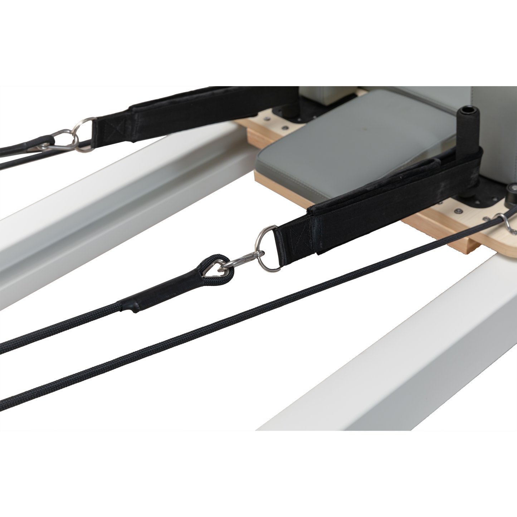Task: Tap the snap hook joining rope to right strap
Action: (244, 260)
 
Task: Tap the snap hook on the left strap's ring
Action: (50, 143)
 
